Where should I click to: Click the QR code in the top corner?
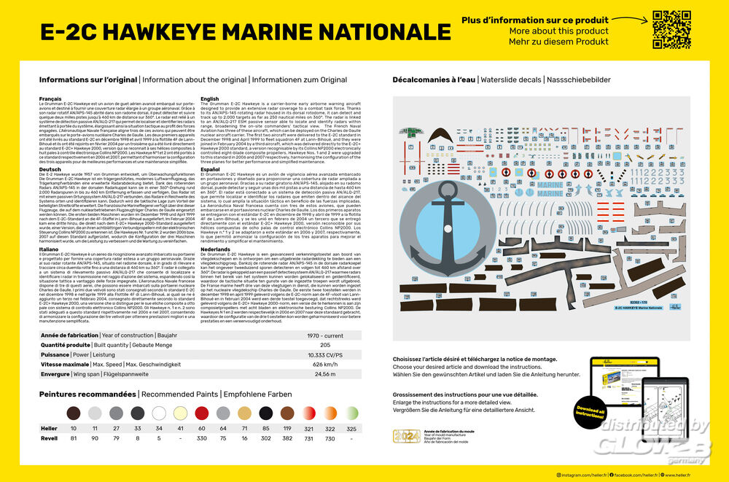[671, 30]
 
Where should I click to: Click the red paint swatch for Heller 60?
[202, 413]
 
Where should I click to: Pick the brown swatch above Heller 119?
[287, 413]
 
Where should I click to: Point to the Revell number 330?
[202, 439]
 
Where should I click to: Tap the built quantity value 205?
[324, 344]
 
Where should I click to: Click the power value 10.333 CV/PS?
[324, 354]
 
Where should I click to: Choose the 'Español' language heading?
[210, 169]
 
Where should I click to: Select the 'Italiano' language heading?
[50, 249]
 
